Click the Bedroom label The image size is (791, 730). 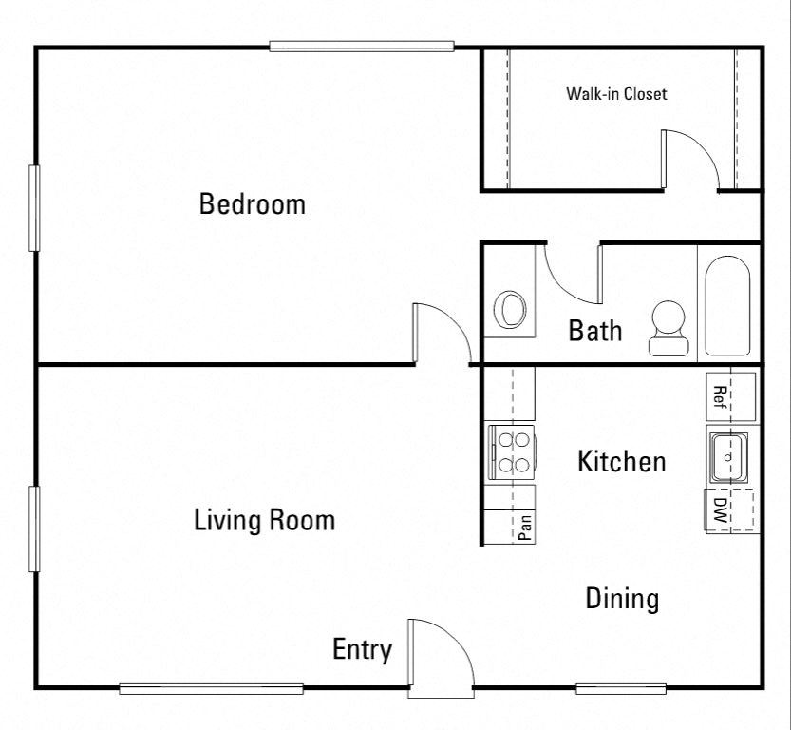[252, 204]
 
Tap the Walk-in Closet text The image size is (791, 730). [616, 94]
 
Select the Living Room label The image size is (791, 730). [264, 521]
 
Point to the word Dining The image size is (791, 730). [621, 599]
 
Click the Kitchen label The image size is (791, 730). [621, 463]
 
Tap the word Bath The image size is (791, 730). [595, 331]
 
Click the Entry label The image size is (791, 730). [362, 650]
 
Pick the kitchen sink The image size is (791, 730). [729, 456]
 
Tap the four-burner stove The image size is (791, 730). [512, 453]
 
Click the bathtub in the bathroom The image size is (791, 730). [727, 304]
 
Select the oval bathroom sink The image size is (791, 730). [511, 310]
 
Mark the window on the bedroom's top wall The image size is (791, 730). [361, 46]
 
